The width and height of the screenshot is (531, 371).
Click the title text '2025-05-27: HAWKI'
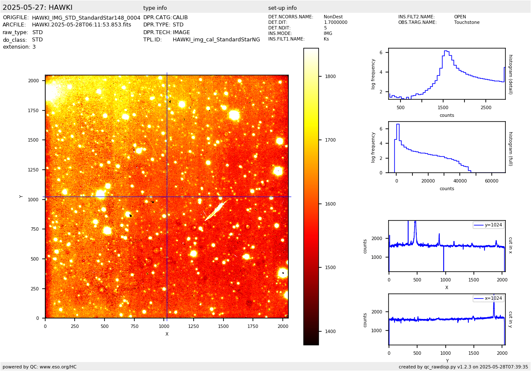[38, 8]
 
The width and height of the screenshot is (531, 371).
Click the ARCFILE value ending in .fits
[81, 25]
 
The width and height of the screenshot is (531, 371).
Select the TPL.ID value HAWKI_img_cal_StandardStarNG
[216, 40]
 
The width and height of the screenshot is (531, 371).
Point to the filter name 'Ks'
[326, 39]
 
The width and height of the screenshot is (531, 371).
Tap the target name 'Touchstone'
[467, 23]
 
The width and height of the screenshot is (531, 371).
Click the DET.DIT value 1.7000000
[336, 23]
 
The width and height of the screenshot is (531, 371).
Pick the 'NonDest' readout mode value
[333, 17]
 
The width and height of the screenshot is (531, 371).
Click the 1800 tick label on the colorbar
[330, 77]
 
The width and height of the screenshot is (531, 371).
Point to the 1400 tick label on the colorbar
[330, 331]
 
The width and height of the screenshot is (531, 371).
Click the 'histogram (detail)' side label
[510, 74]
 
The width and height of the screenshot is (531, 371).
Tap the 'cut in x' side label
[510, 245]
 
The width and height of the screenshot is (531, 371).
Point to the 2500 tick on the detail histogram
[486, 107]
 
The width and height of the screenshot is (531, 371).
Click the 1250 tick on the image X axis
[194, 326]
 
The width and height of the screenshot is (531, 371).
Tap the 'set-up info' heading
[282, 8]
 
